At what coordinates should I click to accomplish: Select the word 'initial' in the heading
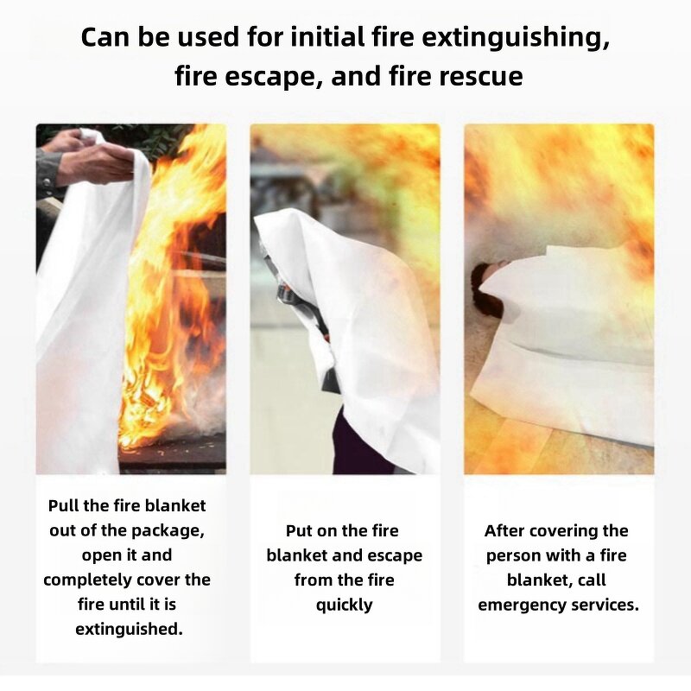click(x=332, y=39)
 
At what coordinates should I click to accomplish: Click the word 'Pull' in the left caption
click(x=64, y=506)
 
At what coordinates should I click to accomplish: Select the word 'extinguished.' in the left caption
click(x=129, y=629)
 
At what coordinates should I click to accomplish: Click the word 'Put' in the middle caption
click(x=300, y=530)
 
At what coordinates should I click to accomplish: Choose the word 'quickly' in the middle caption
click(x=344, y=605)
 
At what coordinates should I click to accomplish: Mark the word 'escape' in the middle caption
click(x=394, y=555)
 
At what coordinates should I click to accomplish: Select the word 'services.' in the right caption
click(x=601, y=605)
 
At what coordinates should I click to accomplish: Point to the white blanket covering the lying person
click(x=570, y=345)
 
